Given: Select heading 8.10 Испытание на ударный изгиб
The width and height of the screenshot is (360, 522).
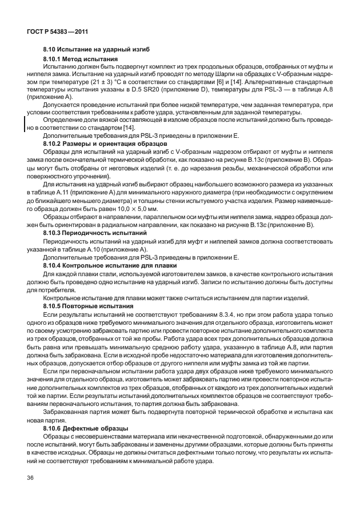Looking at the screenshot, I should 88,50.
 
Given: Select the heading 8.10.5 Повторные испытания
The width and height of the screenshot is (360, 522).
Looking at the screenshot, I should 81,306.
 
